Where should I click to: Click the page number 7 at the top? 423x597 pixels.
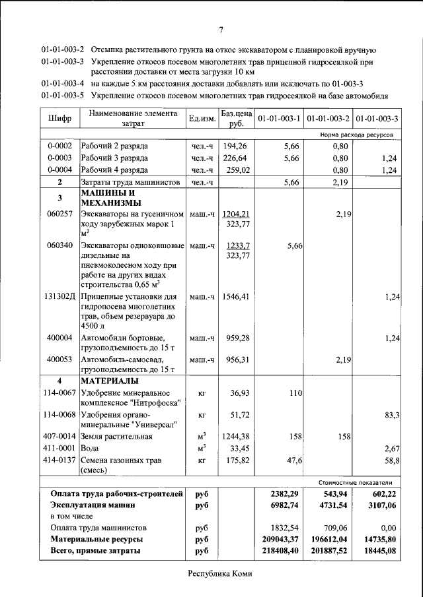221,29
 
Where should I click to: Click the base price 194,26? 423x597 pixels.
235,145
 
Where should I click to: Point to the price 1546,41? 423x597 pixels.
237,297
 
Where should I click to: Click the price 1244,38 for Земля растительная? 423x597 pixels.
237,436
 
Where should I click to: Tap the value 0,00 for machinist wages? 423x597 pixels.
388,528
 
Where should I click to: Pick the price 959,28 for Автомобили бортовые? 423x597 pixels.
237,338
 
